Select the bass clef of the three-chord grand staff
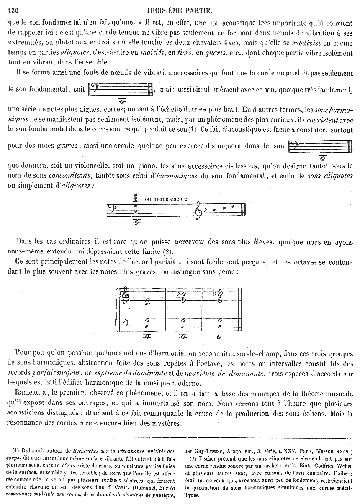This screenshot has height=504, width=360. (125, 322)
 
